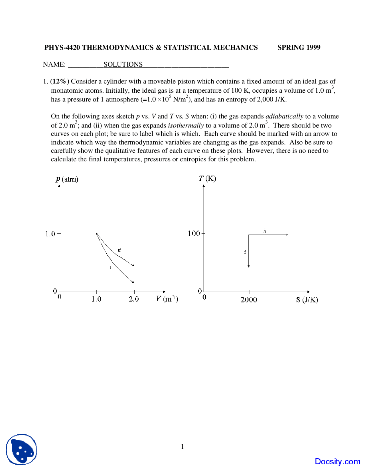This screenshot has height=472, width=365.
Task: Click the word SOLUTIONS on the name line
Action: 123,64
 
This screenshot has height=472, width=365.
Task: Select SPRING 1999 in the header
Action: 299,48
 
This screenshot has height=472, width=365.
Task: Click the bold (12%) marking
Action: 60,82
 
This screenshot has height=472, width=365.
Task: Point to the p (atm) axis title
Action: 67,179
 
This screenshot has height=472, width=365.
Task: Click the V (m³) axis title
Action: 167,299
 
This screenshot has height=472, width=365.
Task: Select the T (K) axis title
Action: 207,178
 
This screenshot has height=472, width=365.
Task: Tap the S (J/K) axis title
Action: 307,300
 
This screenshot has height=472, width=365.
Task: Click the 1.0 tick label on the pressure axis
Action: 50,234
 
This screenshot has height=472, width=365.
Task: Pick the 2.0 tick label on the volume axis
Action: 134,299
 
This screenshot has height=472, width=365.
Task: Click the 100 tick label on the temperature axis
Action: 194,233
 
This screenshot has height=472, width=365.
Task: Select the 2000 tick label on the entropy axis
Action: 249,300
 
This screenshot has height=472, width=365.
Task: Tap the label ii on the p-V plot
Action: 119,250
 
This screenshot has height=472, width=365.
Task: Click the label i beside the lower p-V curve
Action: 110,267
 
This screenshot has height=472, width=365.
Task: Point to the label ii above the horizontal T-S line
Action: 265,231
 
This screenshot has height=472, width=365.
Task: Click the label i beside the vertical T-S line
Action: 245,252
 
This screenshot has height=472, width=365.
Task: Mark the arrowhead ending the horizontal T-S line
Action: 287,235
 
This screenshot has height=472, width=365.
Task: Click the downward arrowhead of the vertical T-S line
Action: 249,266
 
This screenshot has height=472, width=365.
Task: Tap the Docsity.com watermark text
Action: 337,461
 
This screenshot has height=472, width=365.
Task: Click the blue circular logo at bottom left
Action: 22,449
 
